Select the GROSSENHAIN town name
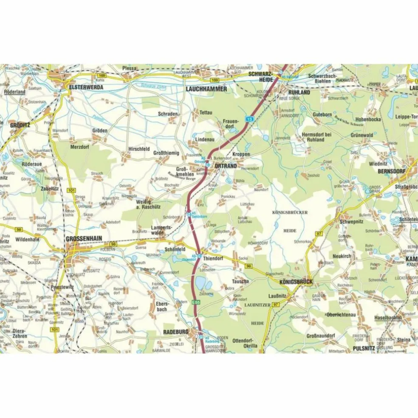[x=84, y=239]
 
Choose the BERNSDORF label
[x=392, y=171]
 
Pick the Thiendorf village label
[x=213, y=258]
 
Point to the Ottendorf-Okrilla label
[x=245, y=343]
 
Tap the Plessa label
[x=129, y=68]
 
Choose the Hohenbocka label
[x=368, y=119]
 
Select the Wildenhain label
[x=27, y=240]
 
